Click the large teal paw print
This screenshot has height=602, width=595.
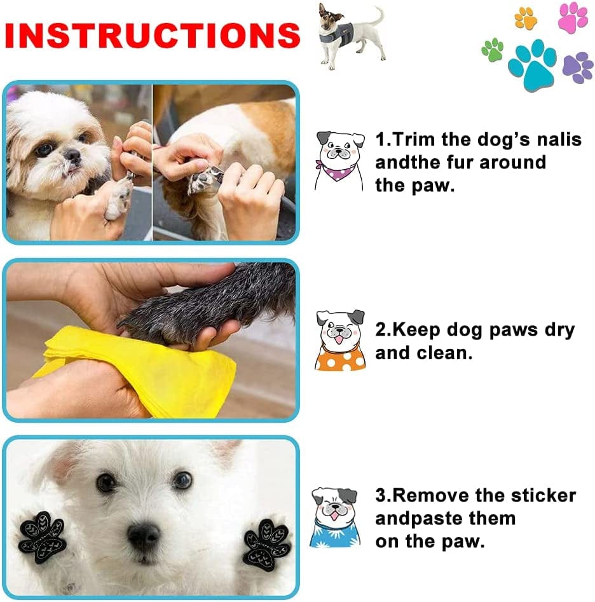[x=531, y=64]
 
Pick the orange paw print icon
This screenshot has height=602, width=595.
[x=526, y=18]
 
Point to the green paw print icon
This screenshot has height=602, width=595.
[x=493, y=49]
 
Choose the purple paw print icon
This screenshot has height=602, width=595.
[x=577, y=67]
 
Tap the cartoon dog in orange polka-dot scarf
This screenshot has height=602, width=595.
[x=340, y=340]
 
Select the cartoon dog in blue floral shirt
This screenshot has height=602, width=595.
[x=335, y=518]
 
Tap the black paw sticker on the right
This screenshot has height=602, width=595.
[x=268, y=544]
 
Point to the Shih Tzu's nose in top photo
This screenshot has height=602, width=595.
[x=71, y=155]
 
